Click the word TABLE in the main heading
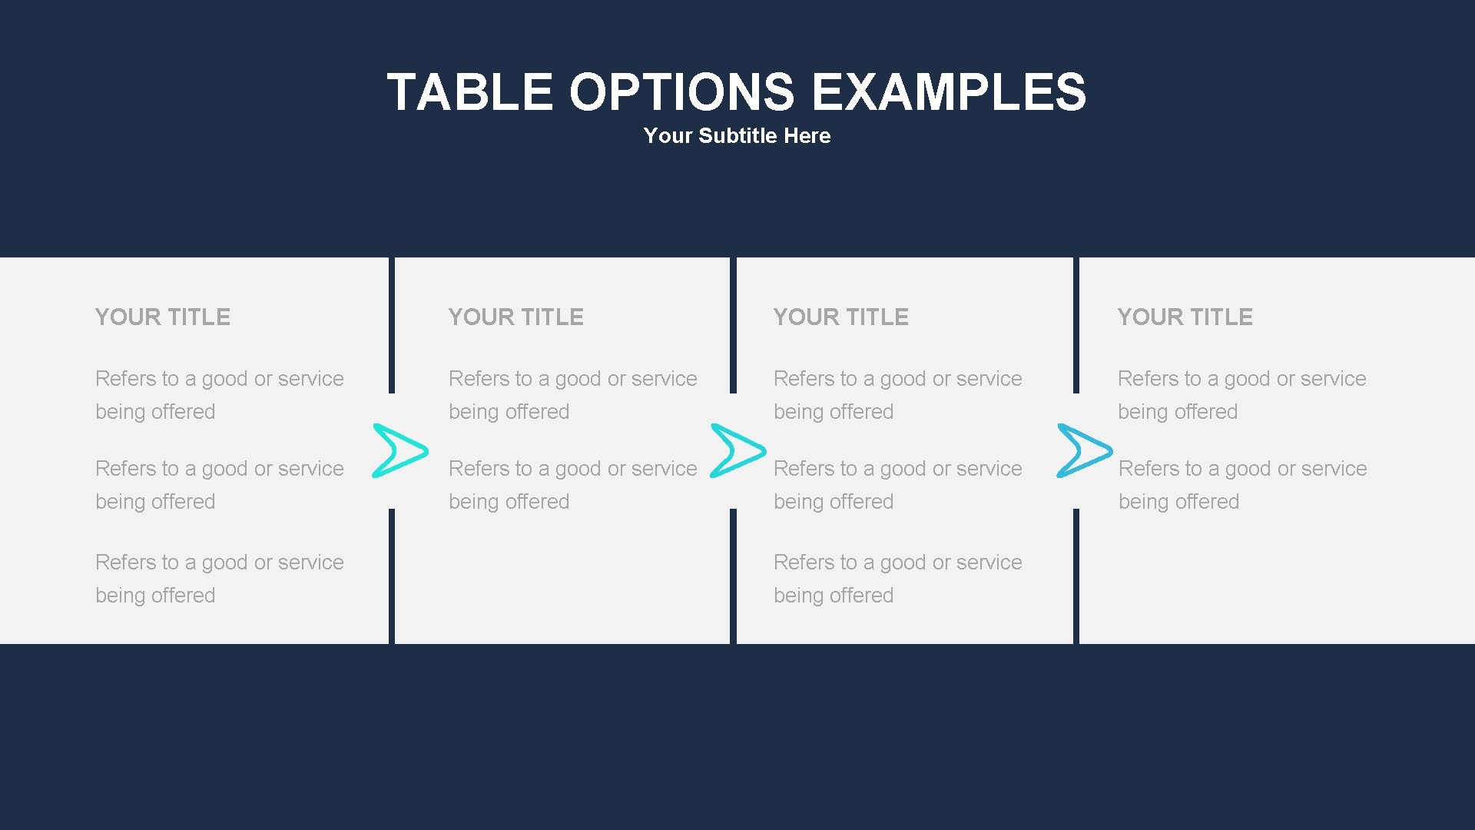click(x=469, y=92)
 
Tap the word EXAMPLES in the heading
click(x=949, y=92)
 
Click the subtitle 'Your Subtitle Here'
click(x=737, y=136)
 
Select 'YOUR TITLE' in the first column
click(x=163, y=317)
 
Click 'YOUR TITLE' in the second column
click(x=516, y=317)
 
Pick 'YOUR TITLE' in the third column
click(x=841, y=317)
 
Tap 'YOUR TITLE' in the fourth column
click(x=1185, y=317)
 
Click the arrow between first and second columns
click(x=399, y=450)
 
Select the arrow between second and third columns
click(x=737, y=450)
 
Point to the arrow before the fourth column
click(x=1084, y=450)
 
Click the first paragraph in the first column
click(x=219, y=395)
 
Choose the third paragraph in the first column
click(x=219, y=579)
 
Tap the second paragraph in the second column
click(x=572, y=485)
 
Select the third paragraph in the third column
click(x=897, y=579)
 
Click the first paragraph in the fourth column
click(x=1241, y=395)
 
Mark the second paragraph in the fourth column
click(x=1242, y=485)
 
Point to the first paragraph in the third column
click(x=897, y=395)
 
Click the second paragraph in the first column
click(x=219, y=485)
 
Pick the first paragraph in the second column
click(x=572, y=395)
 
